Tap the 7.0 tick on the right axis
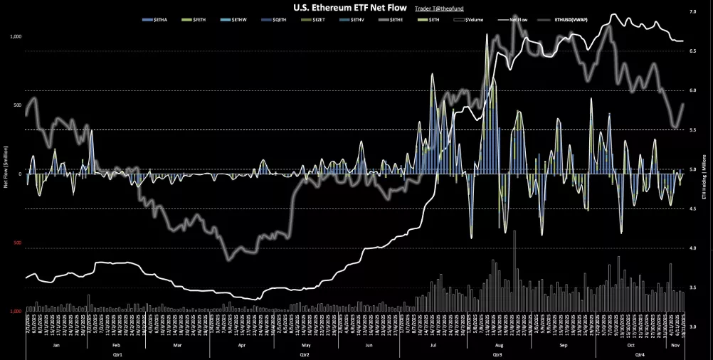click(693, 12)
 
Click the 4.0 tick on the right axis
click(693, 248)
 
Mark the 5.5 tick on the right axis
click(693, 130)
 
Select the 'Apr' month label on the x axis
click(241, 344)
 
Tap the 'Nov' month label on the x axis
click(675, 344)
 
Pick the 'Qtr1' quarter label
click(117, 354)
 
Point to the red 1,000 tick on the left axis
click(16, 312)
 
